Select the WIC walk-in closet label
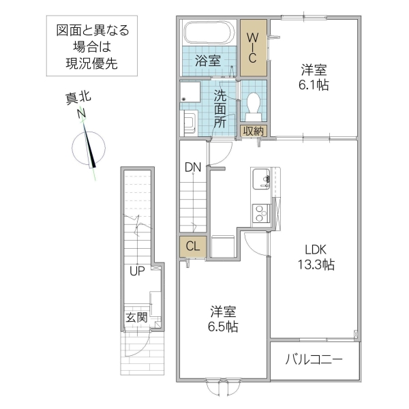253,47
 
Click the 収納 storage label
254,131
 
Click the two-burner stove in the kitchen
260,213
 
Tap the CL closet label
192,247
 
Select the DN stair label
192,167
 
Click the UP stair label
137,273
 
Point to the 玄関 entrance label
136,317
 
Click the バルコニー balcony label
314,359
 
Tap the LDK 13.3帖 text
314,258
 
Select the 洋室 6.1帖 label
314,76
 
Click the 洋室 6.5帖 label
223,319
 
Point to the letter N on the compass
82,113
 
